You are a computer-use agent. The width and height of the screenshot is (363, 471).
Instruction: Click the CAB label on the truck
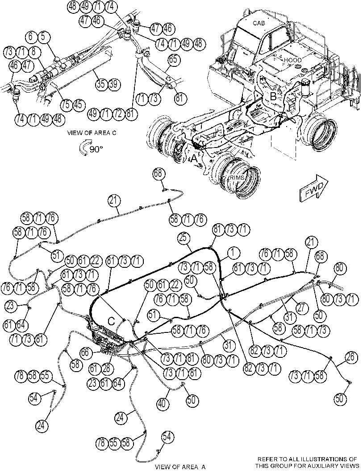click(x=259, y=23)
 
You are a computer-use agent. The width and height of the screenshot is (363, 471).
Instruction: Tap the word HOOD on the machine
click(x=292, y=60)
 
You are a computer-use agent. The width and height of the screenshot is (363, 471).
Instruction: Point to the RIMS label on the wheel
click(x=238, y=178)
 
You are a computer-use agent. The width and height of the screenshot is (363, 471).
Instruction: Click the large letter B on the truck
click(x=273, y=96)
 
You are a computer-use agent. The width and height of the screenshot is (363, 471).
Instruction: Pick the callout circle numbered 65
click(x=173, y=60)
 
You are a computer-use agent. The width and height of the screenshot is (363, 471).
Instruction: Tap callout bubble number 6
click(x=31, y=37)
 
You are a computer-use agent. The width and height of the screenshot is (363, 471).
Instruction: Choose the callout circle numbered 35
click(x=101, y=84)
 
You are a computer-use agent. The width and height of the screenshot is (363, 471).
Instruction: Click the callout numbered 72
click(x=118, y=114)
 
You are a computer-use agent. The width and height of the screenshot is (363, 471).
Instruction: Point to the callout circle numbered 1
click(x=233, y=253)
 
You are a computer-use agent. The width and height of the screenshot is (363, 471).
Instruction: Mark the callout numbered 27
click(x=301, y=307)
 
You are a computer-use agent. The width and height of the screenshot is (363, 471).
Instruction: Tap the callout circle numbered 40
click(x=162, y=403)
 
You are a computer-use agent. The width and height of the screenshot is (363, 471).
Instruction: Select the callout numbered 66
click(x=85, y=352)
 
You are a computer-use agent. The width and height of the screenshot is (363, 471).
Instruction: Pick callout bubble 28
click(x=107, y=368)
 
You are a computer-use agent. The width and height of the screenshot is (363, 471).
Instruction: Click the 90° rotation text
click(x=96, y=149)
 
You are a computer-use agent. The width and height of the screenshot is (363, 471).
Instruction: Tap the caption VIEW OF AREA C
click(x=92, y=133)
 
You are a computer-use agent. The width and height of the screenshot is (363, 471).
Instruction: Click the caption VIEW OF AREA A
click(x=180, y=467)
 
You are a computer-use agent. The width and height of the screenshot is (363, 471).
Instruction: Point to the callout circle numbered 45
click(x=78, y=104)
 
